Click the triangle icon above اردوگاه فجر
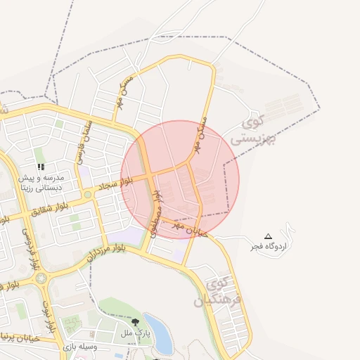[x=267, y=236]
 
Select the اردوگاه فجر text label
[x=268, y=247]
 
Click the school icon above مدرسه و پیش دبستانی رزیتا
[x=41, y=167]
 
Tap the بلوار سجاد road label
[x=114, y=184]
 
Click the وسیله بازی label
[x=77, y=347]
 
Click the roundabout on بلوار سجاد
[x=87, y=194]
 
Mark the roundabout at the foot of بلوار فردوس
[x=41, y=278]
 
